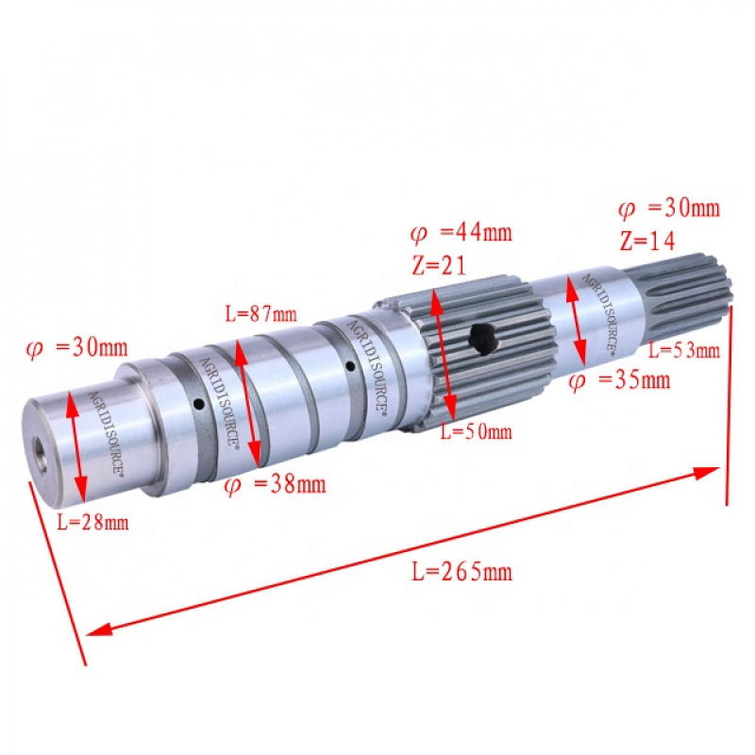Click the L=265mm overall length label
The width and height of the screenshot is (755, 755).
tap(461, 571)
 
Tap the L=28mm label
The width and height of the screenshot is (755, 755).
tap(92, 521)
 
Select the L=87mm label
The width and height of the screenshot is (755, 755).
tap(260, 313)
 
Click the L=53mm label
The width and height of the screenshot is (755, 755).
tap(684, 351)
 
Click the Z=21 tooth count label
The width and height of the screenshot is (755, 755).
tap(440, 265)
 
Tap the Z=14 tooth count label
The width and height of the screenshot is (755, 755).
tap(647, 240)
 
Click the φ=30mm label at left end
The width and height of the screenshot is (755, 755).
tap(75, 347)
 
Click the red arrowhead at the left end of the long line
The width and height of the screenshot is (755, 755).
tap(97, 629)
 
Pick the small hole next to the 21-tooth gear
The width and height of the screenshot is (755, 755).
tap(349, 366)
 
